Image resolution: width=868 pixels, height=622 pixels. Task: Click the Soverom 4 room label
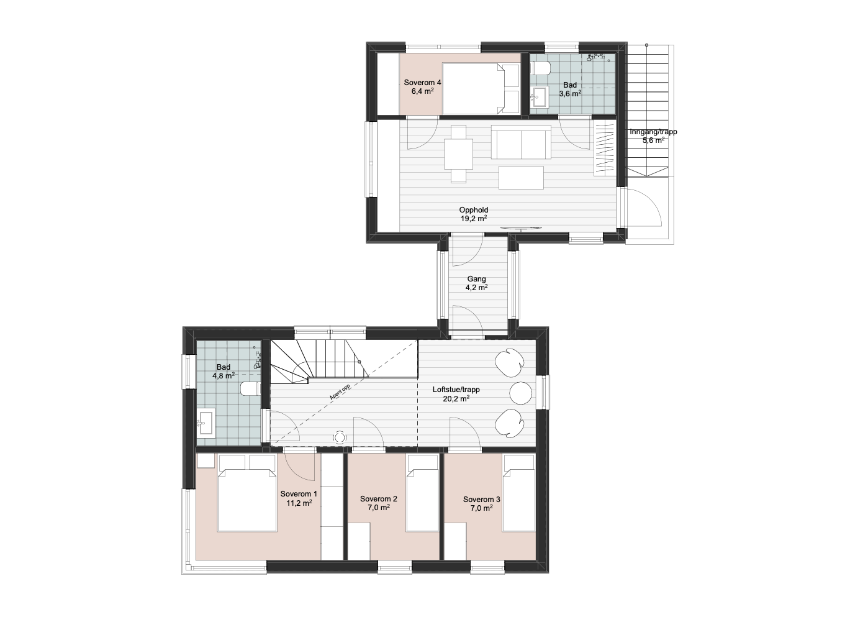click(x=422, y=83)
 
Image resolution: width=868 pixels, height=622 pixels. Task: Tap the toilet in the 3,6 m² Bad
click(x=541, y=68)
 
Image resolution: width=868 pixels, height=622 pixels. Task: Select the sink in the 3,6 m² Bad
click(x=539, y=96)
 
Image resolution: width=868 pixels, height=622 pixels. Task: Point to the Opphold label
click(x=474, y=210)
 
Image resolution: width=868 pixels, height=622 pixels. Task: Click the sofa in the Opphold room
click(x=521, y=142)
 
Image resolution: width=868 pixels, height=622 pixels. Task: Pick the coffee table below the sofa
click(x=521, y=178)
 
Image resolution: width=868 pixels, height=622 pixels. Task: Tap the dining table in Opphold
click(x=458, y=153)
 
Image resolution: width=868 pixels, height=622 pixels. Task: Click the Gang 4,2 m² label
click(x=476, y=283)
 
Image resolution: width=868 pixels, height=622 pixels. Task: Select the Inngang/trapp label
click(x=653, y=132)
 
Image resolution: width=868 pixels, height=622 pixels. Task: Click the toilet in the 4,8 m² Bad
click(x=250, y=389)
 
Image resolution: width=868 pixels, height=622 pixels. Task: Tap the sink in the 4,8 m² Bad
click(x=206, y=423)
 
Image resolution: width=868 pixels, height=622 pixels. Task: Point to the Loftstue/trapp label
click(x=456, y=390)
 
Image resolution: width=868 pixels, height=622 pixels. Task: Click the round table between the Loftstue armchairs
click(x=521, y=393)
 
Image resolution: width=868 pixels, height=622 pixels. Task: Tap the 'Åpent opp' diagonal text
click(x=340, y=391)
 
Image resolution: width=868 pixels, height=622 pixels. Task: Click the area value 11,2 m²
click(x=299, y=503)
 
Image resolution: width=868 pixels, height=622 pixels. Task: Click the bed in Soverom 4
click(x=481, y=89)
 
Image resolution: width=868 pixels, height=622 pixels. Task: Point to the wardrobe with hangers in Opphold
click(x=605, y=148)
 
